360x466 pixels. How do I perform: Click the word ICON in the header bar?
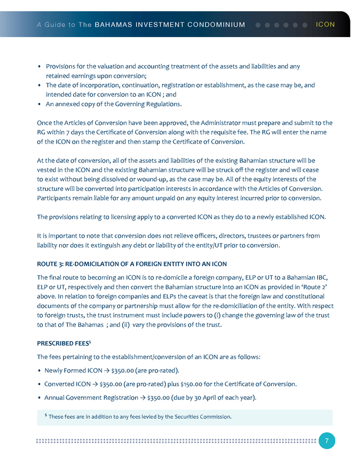pyautogui.click(x=326, y=25)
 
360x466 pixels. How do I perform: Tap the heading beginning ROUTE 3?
pyautogui.click(x=132, y=264)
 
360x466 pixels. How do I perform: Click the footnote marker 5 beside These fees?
pyautogui.click(x=46, y=415)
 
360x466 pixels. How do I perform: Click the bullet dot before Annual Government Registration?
pyautogui.click(x=39, y=398)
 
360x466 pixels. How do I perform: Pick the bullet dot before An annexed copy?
pyautogui.click(x=39, y=104)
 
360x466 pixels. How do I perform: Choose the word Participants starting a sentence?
pyautogui.click(x=57, y=198)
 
